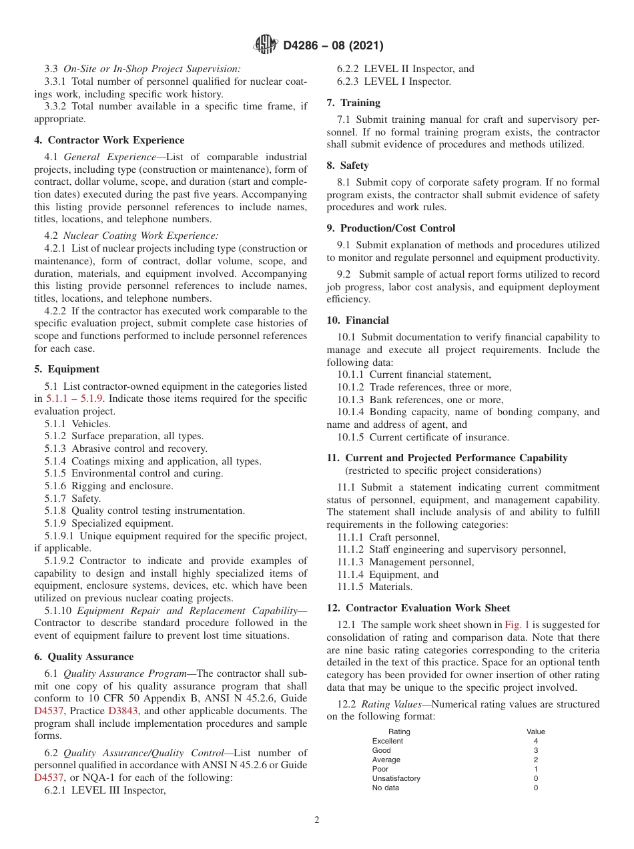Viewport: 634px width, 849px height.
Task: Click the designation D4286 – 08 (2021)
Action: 333,45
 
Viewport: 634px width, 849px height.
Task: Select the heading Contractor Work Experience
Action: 116,140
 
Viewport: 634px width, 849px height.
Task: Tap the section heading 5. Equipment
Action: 67,369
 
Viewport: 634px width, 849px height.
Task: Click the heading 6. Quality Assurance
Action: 84,657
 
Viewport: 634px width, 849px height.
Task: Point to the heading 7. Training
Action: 354,103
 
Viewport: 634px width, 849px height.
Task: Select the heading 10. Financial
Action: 358,320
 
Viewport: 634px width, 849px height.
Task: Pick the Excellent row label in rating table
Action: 387,741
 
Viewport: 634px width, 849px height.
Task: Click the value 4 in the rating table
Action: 535,741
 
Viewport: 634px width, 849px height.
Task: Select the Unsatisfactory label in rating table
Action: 396,778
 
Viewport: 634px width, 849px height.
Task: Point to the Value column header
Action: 535,732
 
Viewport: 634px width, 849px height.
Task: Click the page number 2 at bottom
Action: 317,820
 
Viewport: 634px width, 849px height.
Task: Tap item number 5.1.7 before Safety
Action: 59,499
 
